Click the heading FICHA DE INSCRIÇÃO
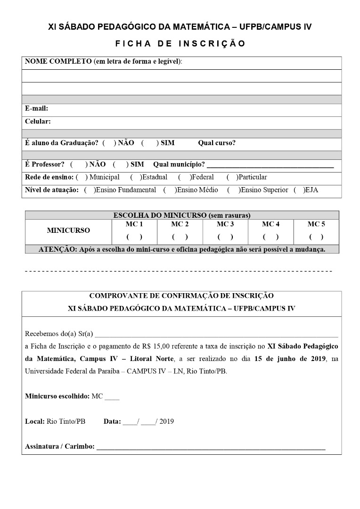(180, 44)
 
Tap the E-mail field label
(36, 108)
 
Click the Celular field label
(38, 122)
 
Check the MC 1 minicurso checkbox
(134, 237)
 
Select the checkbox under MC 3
(225, 237)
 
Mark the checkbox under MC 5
(316, 237)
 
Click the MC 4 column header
(270, 224)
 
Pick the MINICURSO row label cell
(68, 230)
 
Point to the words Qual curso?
(217, 143)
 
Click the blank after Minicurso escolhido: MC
(112, 397)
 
